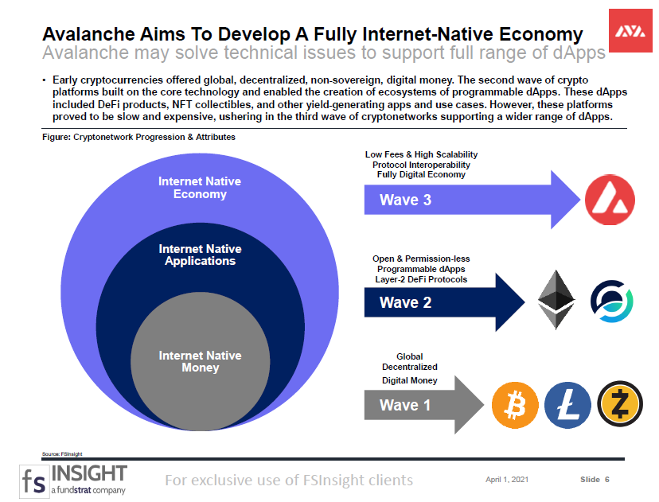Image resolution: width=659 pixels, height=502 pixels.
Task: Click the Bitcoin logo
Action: click(515, 405)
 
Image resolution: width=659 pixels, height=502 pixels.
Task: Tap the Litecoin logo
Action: click(567, 405)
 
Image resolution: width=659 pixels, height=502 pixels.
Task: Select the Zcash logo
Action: click(620, 404)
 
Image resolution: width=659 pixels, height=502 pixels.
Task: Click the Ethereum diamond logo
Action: click(556, 299)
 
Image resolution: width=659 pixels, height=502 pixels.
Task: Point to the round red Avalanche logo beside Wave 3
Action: click(610, 200)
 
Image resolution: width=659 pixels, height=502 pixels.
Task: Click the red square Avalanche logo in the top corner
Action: click(630, 31)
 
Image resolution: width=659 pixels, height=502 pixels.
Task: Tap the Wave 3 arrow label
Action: click(405, 200)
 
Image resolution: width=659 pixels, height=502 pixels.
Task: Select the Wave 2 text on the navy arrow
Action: click(405, 302)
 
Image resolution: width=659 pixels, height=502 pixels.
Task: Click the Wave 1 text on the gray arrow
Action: click(405, 405)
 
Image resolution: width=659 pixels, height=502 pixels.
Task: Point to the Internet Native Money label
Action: click(200, 361)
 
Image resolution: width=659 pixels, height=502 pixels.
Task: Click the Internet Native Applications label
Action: click(200, 255)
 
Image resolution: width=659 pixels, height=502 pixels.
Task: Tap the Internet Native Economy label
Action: click(200, 188)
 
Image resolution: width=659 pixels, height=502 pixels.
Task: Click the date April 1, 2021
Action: click(507, 479)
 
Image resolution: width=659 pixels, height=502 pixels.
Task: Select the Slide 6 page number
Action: click(595, 479)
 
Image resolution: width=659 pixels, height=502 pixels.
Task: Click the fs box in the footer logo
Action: click(34, 481)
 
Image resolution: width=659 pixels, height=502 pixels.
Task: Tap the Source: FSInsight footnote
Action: click(62, 453)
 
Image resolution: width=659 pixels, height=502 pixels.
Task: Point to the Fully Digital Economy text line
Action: click(421, 174)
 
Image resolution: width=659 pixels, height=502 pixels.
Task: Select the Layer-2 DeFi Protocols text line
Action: click(421, 279)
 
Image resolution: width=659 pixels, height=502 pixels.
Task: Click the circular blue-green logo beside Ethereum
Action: click(612, 302)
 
